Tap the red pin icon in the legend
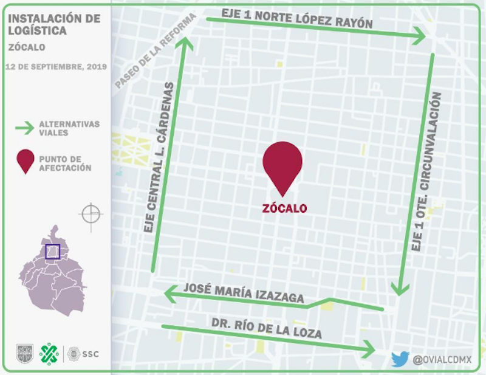click(x=25, y=162)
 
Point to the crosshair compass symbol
click(x=91, y=215)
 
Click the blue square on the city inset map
click(x=52, y=252)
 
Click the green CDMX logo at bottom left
click(x=49, y=353)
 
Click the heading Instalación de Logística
click(x=54, y=24)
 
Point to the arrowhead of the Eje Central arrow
click(x=187, y=43)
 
